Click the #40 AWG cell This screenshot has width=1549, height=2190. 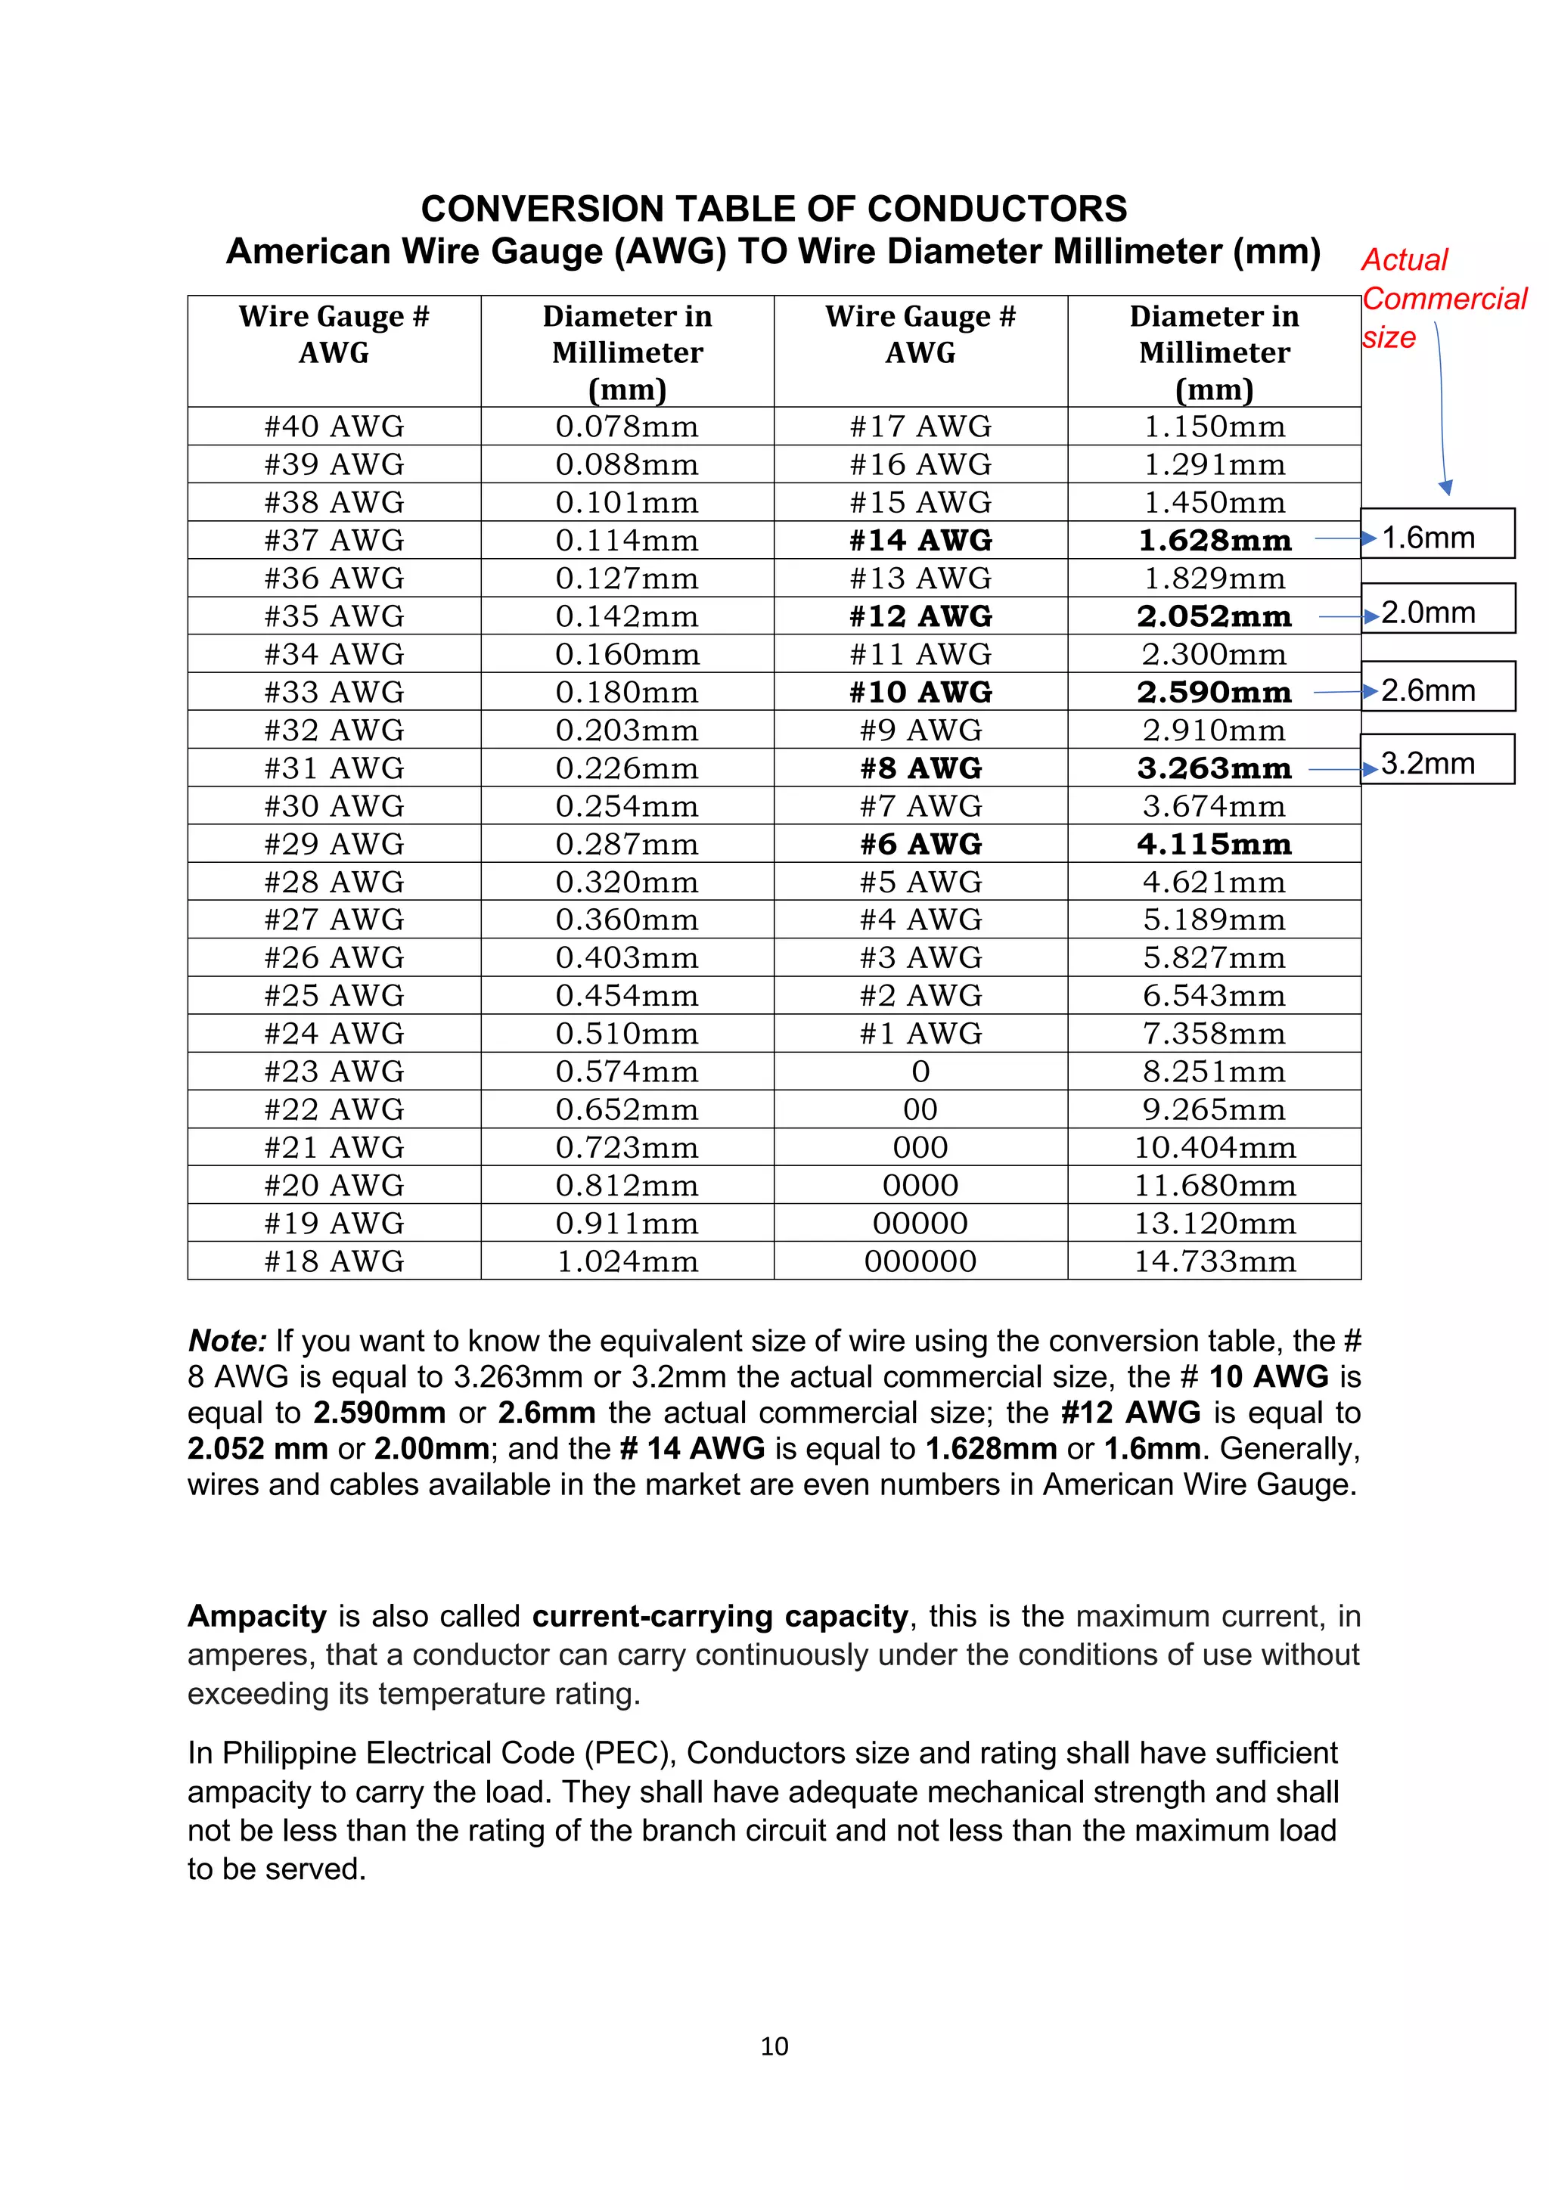[334, 427]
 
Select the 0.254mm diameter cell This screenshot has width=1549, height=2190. [627, 806]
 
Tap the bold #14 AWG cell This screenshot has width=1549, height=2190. [920, 540]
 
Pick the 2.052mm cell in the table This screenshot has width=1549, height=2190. [1213, 616]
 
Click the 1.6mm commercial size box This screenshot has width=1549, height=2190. [1436, 534]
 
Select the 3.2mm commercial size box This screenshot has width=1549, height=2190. [1436, 760]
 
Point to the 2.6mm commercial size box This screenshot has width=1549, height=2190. [1436, 687]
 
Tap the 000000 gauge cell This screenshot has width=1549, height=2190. [920, 1261]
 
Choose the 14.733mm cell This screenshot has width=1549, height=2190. [1213, 1261]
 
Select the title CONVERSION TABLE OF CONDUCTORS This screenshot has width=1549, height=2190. [774, 209]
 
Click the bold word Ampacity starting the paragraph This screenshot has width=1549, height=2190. [256, 1616]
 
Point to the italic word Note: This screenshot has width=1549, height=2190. [227, 1340]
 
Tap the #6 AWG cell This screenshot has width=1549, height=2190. [920, 844]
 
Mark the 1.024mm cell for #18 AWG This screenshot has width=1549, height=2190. [627, 1261]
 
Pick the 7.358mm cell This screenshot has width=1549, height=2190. [1213, 1033]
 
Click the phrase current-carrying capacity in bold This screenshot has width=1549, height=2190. [720, 1616]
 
